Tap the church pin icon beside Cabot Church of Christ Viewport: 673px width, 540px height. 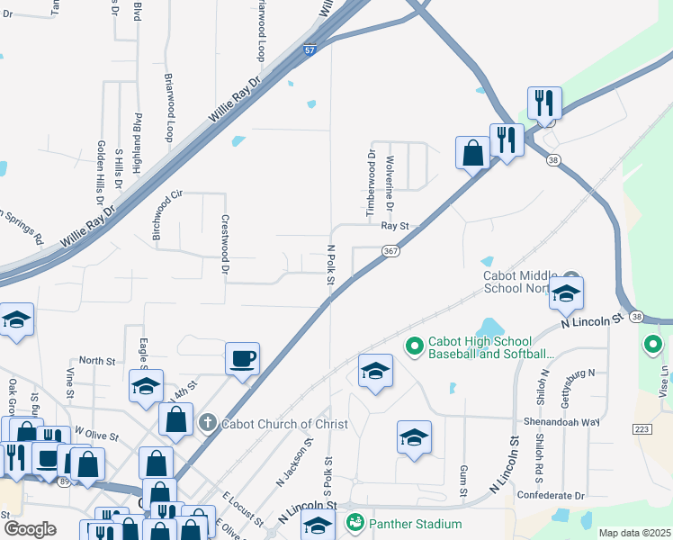[207, 422]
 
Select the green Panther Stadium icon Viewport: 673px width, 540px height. [355, 522]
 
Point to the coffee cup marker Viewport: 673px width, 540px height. [243, 359]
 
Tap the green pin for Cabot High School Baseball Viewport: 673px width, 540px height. [414, 345]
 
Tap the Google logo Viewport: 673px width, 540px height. [31, 528]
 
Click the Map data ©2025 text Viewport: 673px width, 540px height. [633, 533]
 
